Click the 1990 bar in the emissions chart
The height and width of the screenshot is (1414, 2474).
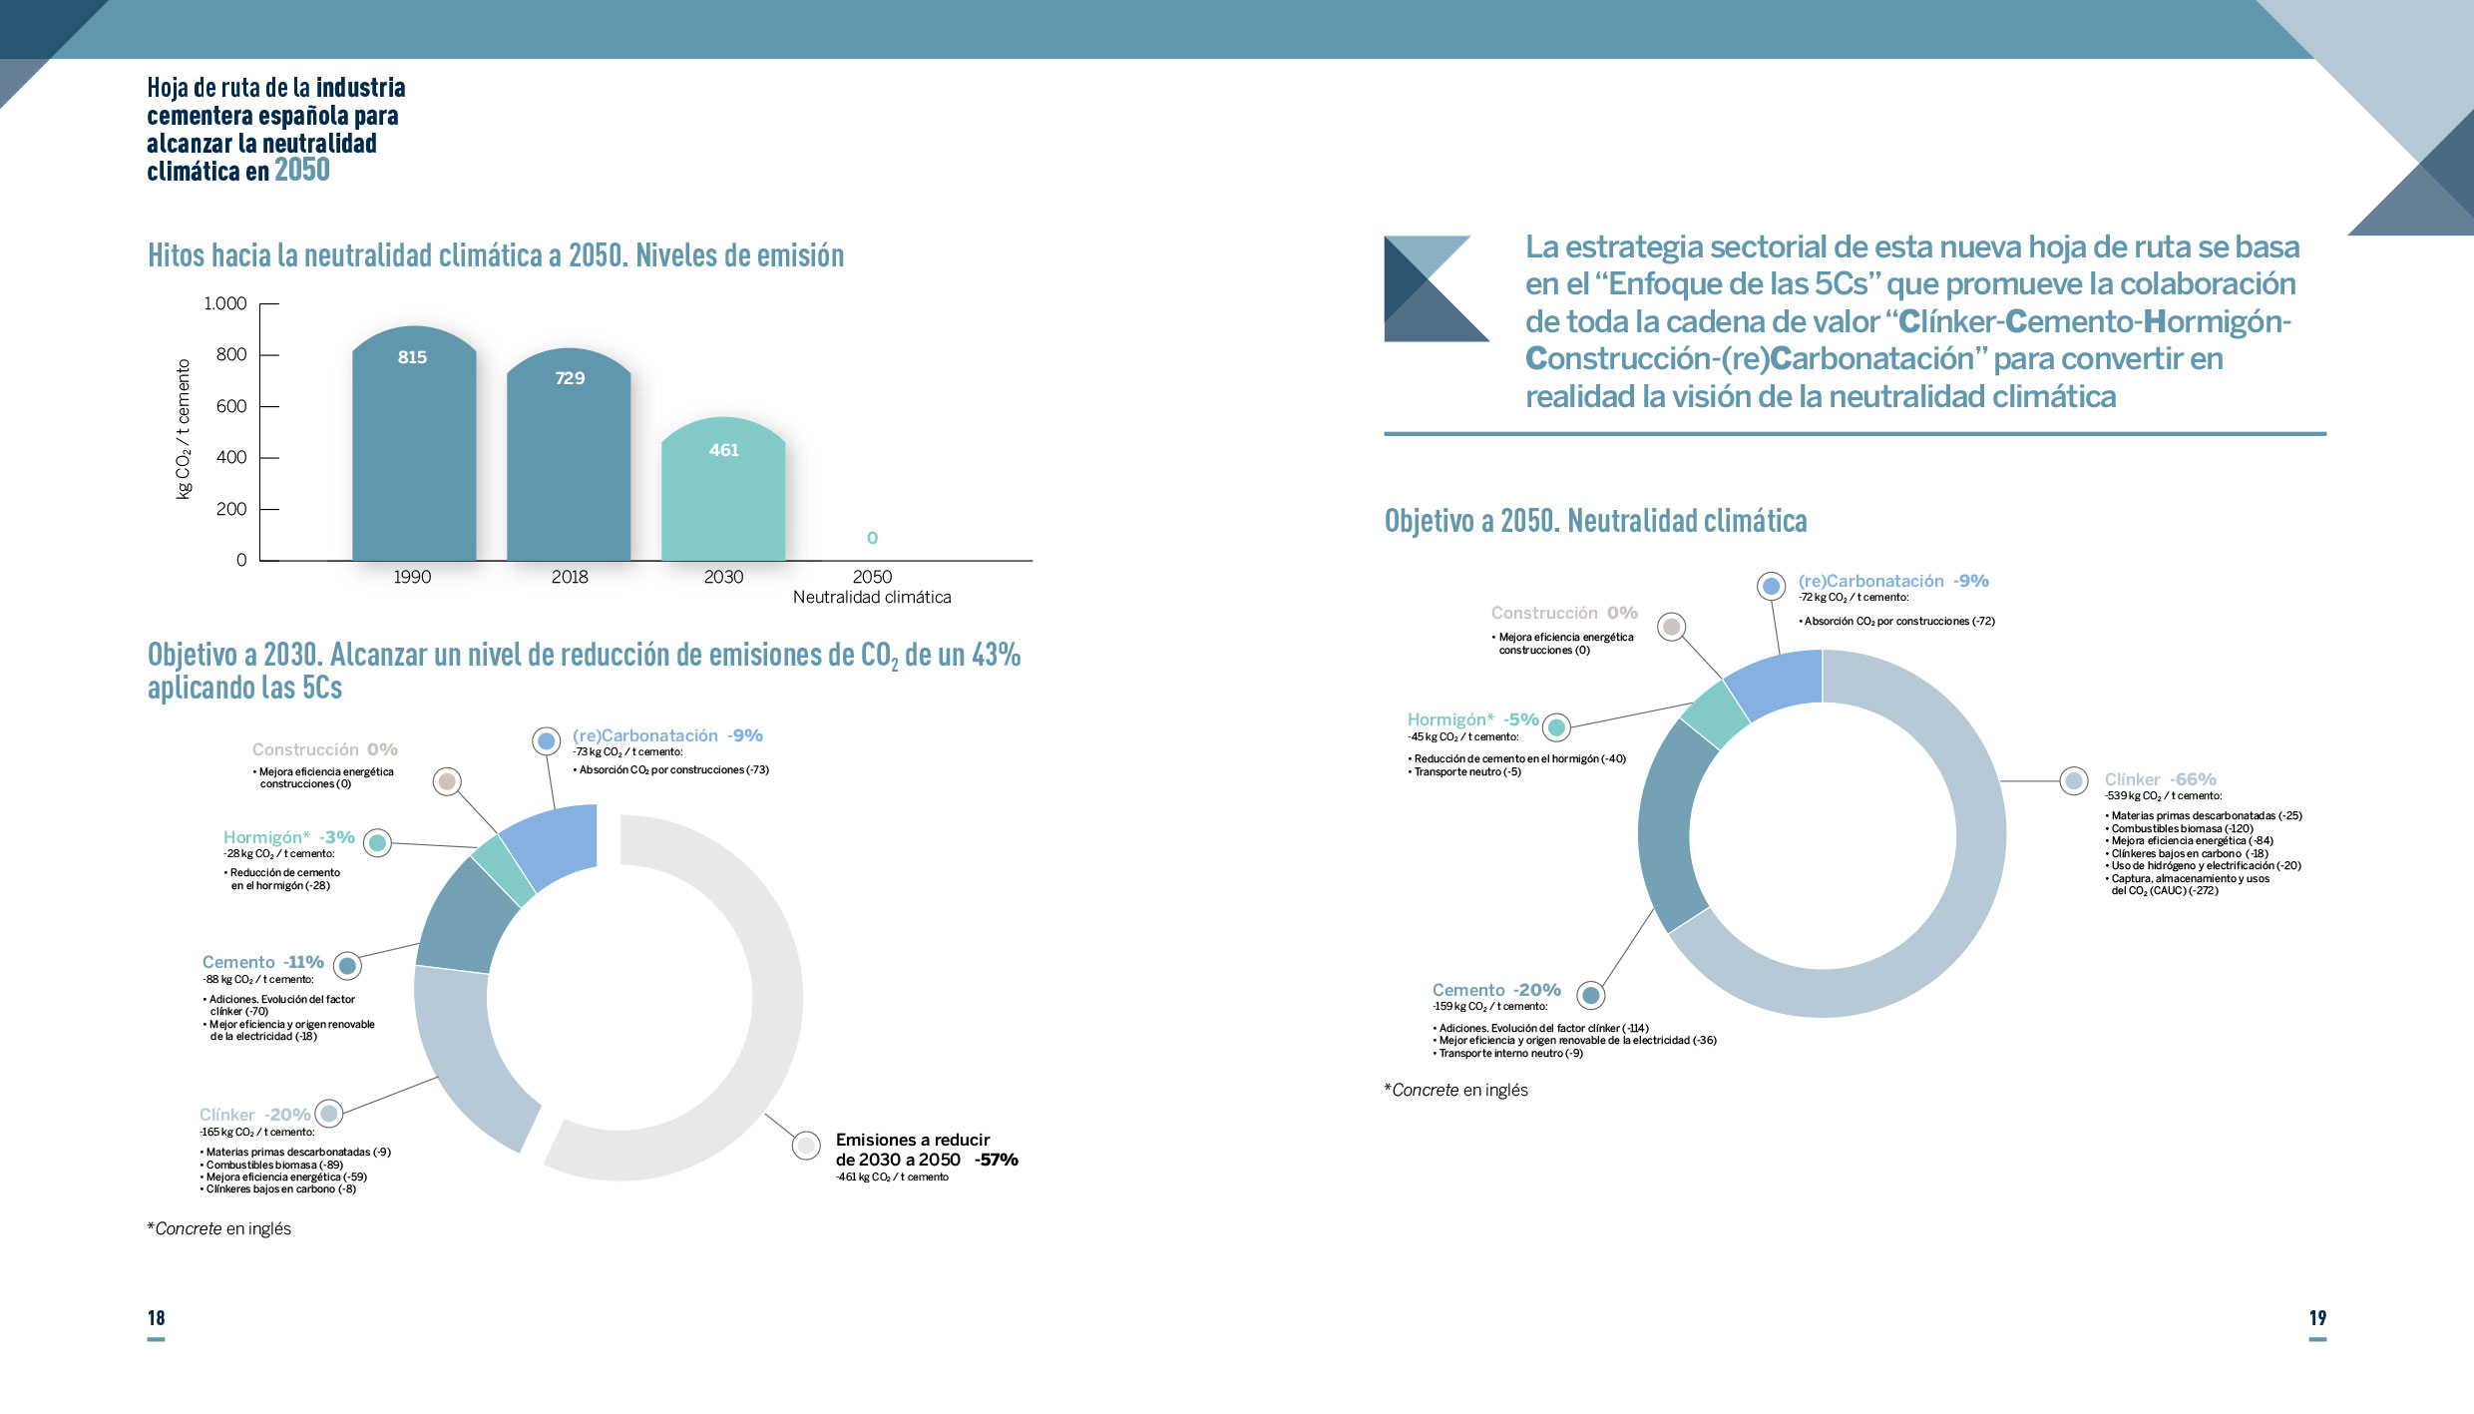coord(414,449)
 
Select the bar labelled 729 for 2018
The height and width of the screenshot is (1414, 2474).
coord(569,459)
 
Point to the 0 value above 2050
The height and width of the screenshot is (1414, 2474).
coord(872,538)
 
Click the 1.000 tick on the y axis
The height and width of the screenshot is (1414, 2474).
coord(225,303)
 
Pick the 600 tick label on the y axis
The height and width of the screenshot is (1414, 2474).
coord(231,406)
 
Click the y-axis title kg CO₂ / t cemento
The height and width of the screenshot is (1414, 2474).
coord(184,429)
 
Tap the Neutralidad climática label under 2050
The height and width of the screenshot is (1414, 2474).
coord(872,597)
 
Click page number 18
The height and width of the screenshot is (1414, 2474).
coord(157,1318)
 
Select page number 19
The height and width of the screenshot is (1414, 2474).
coord(2317,1318)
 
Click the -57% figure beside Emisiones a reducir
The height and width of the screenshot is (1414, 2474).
coord(996,1160)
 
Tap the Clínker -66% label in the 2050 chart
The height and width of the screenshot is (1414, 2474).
coord(2160,779)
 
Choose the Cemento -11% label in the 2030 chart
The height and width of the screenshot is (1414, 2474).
coord(263,962)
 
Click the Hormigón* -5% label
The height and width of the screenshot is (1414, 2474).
coord(1472,719)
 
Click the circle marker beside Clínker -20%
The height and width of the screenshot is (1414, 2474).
coord(328,1113)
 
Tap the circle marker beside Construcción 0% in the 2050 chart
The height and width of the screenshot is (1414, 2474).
coord(1672,627)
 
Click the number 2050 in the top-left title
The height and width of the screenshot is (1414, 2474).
coord(302,171)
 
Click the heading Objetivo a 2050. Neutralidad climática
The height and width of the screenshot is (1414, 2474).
coord(1595,521)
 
